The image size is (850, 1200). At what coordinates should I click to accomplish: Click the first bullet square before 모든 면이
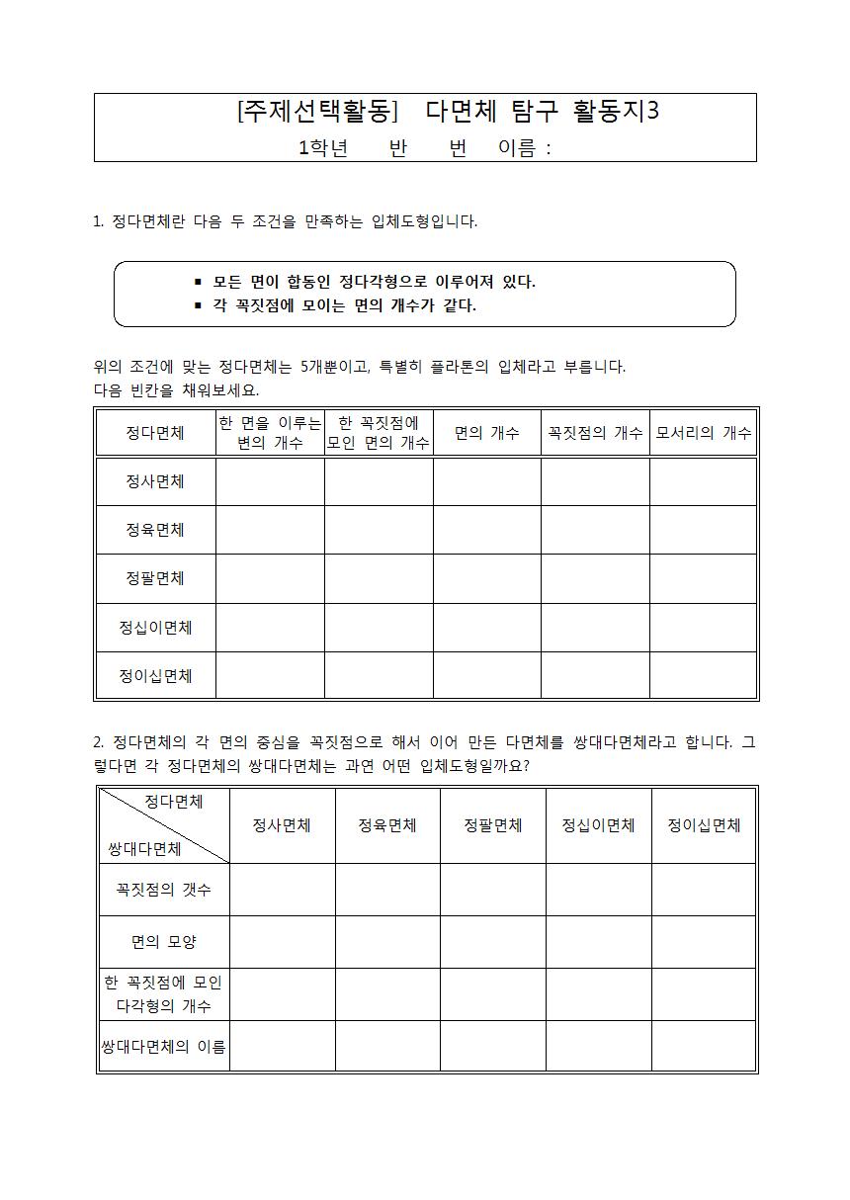pos(199,282)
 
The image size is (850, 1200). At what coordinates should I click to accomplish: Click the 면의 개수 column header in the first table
pos(486,432)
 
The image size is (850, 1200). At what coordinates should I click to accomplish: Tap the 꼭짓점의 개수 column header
pos(595,432)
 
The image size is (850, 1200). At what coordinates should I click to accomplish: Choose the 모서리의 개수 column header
pos(703,432)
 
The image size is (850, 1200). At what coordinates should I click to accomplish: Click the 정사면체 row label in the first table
pos(155,481)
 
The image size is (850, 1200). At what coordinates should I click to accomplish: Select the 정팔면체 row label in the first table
pos(155,578)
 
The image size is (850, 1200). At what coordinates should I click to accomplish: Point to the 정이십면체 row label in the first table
pos(155,676)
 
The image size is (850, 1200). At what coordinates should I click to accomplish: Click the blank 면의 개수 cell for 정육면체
pos(486,530)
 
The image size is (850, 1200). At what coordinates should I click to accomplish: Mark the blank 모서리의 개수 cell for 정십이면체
pos(703,628)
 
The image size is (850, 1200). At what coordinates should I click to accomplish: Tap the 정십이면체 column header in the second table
pos(598,825)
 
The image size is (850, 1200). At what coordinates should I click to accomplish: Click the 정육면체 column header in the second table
pos(386,825)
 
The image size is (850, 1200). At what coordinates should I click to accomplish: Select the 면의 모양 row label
pos(163,942)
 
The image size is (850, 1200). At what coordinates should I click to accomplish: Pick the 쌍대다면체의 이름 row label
pos(163,1047)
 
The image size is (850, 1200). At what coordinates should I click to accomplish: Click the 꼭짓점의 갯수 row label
pos(163,890)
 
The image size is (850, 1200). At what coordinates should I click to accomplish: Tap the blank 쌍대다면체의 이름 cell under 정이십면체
pos(704,1047)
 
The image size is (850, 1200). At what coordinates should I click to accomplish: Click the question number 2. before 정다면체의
pos(99,741)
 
